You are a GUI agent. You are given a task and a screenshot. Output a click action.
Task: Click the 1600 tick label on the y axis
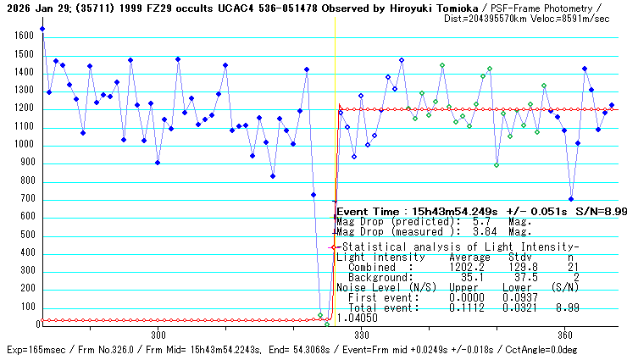coord(22,36)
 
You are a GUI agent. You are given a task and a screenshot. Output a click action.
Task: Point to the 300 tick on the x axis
coord(158,334)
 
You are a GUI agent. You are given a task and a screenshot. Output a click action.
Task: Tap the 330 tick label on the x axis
coord(363,334)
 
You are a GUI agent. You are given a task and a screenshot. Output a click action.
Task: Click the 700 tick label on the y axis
coord(25,201)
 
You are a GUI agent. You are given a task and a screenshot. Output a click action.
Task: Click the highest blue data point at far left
coord(42,29)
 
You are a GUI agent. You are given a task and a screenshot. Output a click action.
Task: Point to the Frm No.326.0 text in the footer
coord(125,349)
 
